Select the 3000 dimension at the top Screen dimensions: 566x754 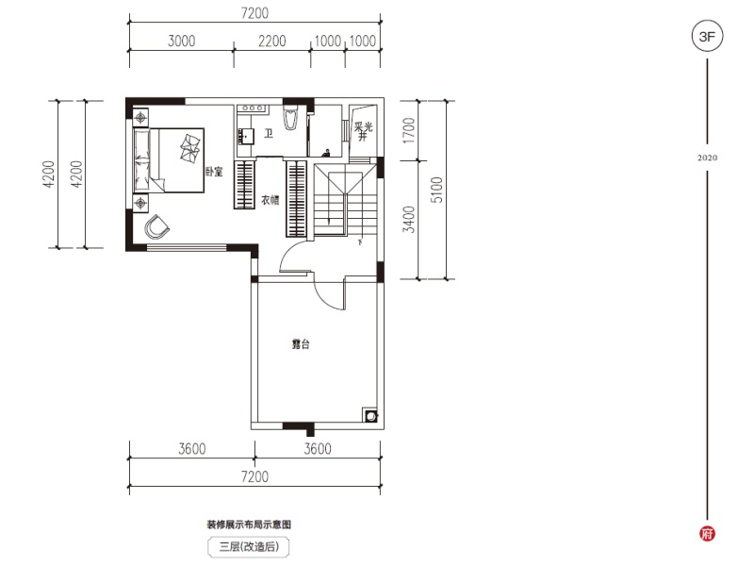coord(181,41)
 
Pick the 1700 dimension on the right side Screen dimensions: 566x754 coord(408,129)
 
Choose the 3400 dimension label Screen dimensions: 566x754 coord(408,219)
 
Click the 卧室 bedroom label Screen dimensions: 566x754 coord(214,172)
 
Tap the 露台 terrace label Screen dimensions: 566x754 coord(300,345)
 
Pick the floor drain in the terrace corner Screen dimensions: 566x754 coord(370,415)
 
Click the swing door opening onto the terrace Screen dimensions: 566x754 coord(329,294)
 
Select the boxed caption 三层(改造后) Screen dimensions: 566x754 coord(249,546)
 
